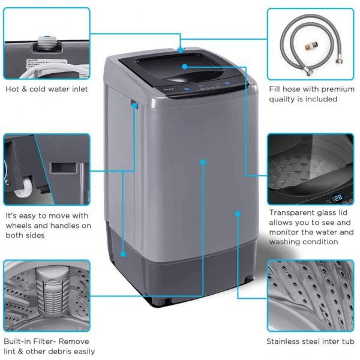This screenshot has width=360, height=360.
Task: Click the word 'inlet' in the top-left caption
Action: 77,89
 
